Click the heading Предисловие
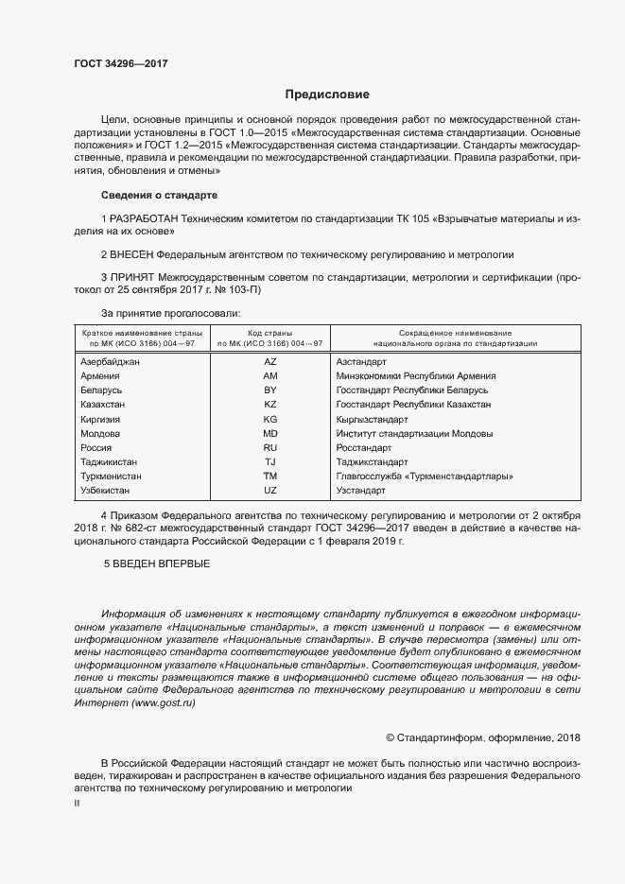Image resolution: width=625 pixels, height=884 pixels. tap(327, 95)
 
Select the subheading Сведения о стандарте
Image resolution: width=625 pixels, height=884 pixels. tap(159, 195)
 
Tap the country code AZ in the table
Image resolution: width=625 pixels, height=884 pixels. tap(269, 362)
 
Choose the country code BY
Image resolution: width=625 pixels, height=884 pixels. tap(269, 390)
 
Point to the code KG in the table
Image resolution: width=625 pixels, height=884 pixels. tap(269, 419)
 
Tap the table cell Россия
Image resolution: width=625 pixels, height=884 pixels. tap(97, 448)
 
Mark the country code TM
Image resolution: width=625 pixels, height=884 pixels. tap(269, 477)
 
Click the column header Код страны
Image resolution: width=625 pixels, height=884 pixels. tap(269, 333)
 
